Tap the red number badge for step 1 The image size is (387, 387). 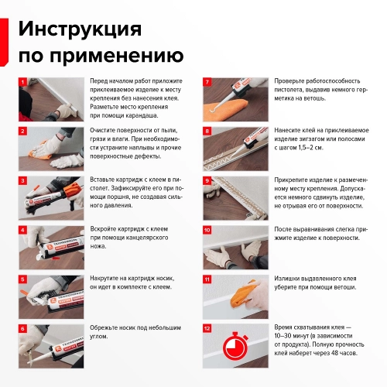tap(23, 81)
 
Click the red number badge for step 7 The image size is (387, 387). tap(207, 81)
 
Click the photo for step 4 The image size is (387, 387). tap(51, 245)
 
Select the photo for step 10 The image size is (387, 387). tap(235, 245)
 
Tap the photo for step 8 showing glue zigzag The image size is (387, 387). tap(235, 146)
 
